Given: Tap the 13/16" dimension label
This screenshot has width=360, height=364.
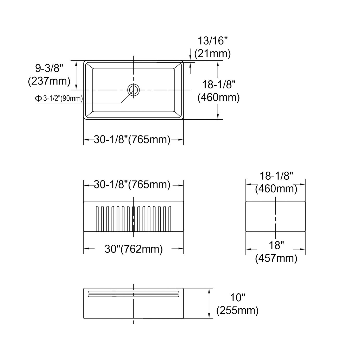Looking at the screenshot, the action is pos(213,41).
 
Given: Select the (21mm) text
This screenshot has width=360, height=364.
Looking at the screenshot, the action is pos(212,54).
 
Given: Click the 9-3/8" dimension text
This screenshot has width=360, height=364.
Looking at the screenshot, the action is pos(49,68).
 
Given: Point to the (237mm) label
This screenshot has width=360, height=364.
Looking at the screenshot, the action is pos(49,81).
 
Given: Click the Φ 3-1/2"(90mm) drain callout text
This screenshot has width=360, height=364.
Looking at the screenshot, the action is pos(59,98).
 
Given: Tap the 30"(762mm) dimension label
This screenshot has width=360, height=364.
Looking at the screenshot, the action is pos(134,249).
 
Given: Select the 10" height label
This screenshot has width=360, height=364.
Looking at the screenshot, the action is pos(237,298).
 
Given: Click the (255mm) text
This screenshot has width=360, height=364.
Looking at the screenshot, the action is pos(237,311).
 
